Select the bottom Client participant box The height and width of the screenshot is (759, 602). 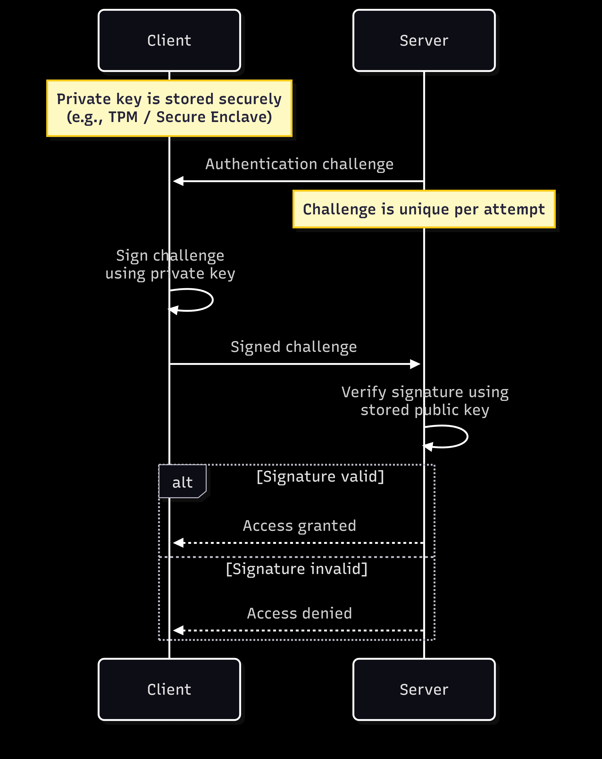tap(169, 689)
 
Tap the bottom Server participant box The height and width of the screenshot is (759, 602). tap(424, 689)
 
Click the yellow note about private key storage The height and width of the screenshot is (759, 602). tap(169, 108)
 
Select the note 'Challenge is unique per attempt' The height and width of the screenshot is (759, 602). tap(424, 209)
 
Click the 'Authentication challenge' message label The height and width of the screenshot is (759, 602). tap(299, 164)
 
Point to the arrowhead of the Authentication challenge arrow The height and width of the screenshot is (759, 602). tap(178, 181)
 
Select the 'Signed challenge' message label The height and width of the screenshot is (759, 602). tap(294, 347)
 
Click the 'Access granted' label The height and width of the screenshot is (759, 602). tap(299, 526)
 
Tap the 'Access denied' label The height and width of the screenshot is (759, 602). tap(299, 613)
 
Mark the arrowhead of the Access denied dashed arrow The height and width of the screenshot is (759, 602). tap(178, 630)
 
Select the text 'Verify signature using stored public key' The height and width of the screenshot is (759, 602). tap(425, 401)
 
